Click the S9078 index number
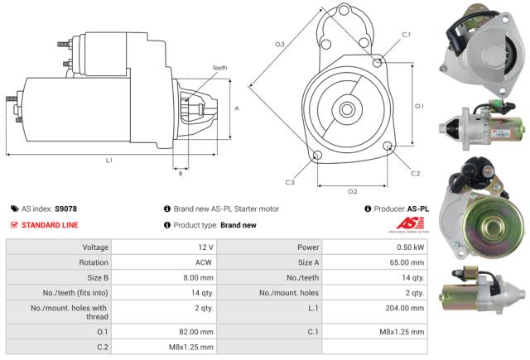point(66,209)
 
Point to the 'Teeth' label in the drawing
point(219,67)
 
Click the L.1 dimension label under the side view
point(108,159)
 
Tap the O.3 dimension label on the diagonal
point(280,44)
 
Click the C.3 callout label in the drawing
point(290,182)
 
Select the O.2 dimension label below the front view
point(352,191)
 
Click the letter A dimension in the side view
point(237,108)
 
